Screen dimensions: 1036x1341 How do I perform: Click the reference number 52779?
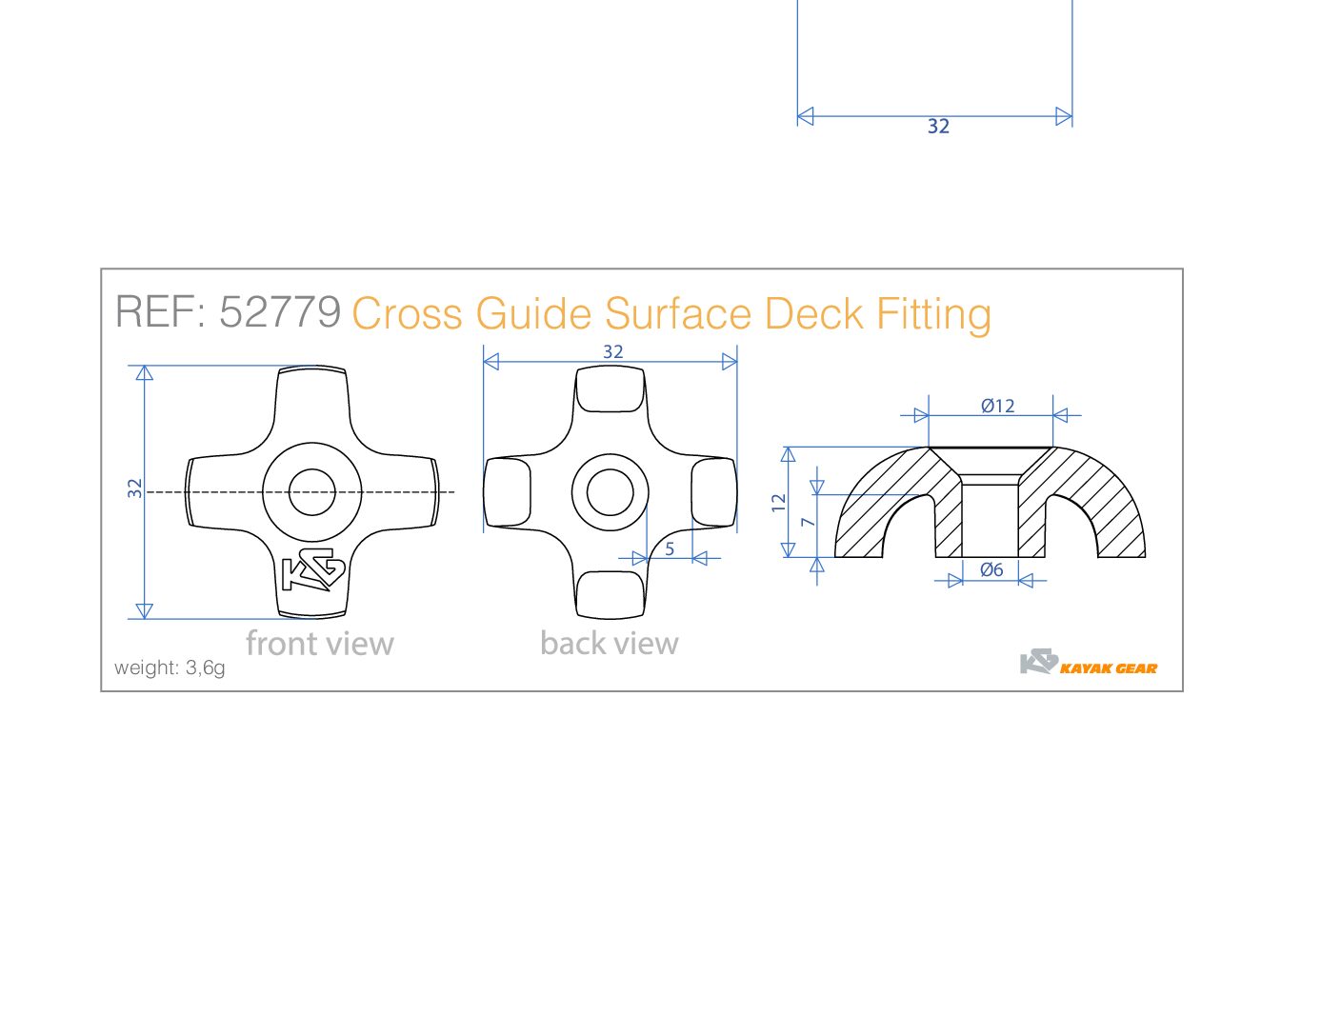(280, 312)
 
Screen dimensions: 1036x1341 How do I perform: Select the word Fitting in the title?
(933, 314)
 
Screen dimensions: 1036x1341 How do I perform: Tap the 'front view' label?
(319, 644)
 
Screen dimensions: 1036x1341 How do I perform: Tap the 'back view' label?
(609, 644)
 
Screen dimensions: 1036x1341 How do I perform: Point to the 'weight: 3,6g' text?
(170, 667)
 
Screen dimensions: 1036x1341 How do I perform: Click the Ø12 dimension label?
(997, 406)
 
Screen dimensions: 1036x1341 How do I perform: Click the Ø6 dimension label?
(991, 569)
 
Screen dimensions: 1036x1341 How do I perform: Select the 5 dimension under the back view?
(670, 548)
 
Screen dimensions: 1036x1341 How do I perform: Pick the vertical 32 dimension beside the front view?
(135, 488)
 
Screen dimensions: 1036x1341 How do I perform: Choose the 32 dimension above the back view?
(612, 351)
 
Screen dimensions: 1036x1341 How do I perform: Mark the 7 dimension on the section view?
(808, 522)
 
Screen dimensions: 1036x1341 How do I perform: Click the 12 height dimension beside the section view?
(779, 502)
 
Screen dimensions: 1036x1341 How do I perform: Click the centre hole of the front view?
(311, 492)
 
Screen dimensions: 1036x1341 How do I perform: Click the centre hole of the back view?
(610, 492)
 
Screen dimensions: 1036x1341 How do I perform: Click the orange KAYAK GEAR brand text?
(1109, 668)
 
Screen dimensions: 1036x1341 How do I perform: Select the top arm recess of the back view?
(610, 390)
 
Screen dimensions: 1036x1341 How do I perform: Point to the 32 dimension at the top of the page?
(938, 126)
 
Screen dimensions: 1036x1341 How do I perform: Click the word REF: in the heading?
(160, 312)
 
